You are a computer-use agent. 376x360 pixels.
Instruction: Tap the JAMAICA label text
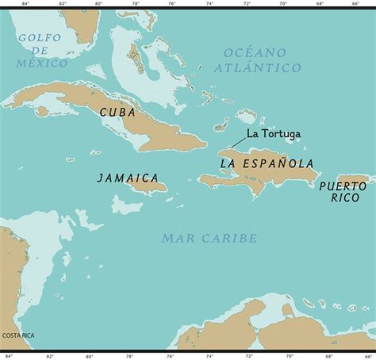pyautogui.click(x=128, y=178)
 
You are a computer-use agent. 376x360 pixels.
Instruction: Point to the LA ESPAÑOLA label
pyautogui.click(x=267, y=163)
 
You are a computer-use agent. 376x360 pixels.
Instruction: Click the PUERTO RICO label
pyautogui.click(x=343, y=190)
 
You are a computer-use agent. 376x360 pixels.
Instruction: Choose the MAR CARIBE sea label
pyautogui.click(x=209, y=238)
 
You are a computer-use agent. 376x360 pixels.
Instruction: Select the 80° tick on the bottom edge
pyautogui.click(x=98, y=356)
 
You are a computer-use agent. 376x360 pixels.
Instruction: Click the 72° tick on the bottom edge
pyautogui.click(x=247, y=356)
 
